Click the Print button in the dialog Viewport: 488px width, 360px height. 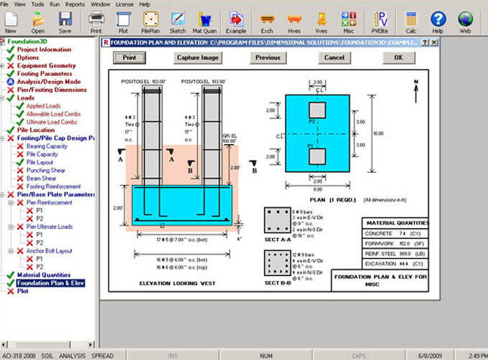pyautogui.click(x=129, y=57)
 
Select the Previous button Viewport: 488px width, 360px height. pyautogui.click(x=268, y=57)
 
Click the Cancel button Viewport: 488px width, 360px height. pyautogui.click(x=334, y=57)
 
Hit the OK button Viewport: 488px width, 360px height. pyautogui.click(x=398, y=57)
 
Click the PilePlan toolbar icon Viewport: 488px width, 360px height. pyautogui.click(x=150, y=22)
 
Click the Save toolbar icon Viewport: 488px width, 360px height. pyautogui.click(x=65, y=22)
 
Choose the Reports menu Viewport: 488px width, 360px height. pyautogui.click(x=75, y=4)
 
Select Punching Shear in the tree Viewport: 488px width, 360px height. pyautogui.click(x=46, y=171)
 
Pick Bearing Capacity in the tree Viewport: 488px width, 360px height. pyautogui.click(x=47, y=147)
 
